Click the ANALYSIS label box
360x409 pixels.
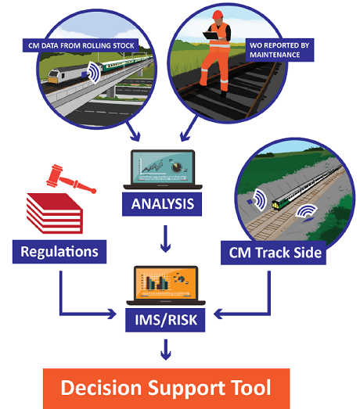162,204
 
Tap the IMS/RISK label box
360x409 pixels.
165,320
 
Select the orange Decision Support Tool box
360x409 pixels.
166,389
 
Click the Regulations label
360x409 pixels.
59,252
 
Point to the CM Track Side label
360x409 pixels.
274,253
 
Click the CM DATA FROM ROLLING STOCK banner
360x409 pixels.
81,45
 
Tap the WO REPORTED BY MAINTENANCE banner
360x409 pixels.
279,50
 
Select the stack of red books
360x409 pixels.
55,213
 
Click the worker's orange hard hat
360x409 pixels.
218,14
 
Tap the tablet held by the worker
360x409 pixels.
211,35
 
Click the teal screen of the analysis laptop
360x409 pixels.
163,167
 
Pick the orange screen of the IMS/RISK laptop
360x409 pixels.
166,284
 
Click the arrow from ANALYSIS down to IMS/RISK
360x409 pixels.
165,239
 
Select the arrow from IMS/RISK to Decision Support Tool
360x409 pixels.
165,350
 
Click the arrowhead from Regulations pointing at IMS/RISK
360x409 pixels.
112,314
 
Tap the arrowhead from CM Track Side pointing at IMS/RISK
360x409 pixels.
218,314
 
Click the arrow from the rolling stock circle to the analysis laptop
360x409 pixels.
133,131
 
